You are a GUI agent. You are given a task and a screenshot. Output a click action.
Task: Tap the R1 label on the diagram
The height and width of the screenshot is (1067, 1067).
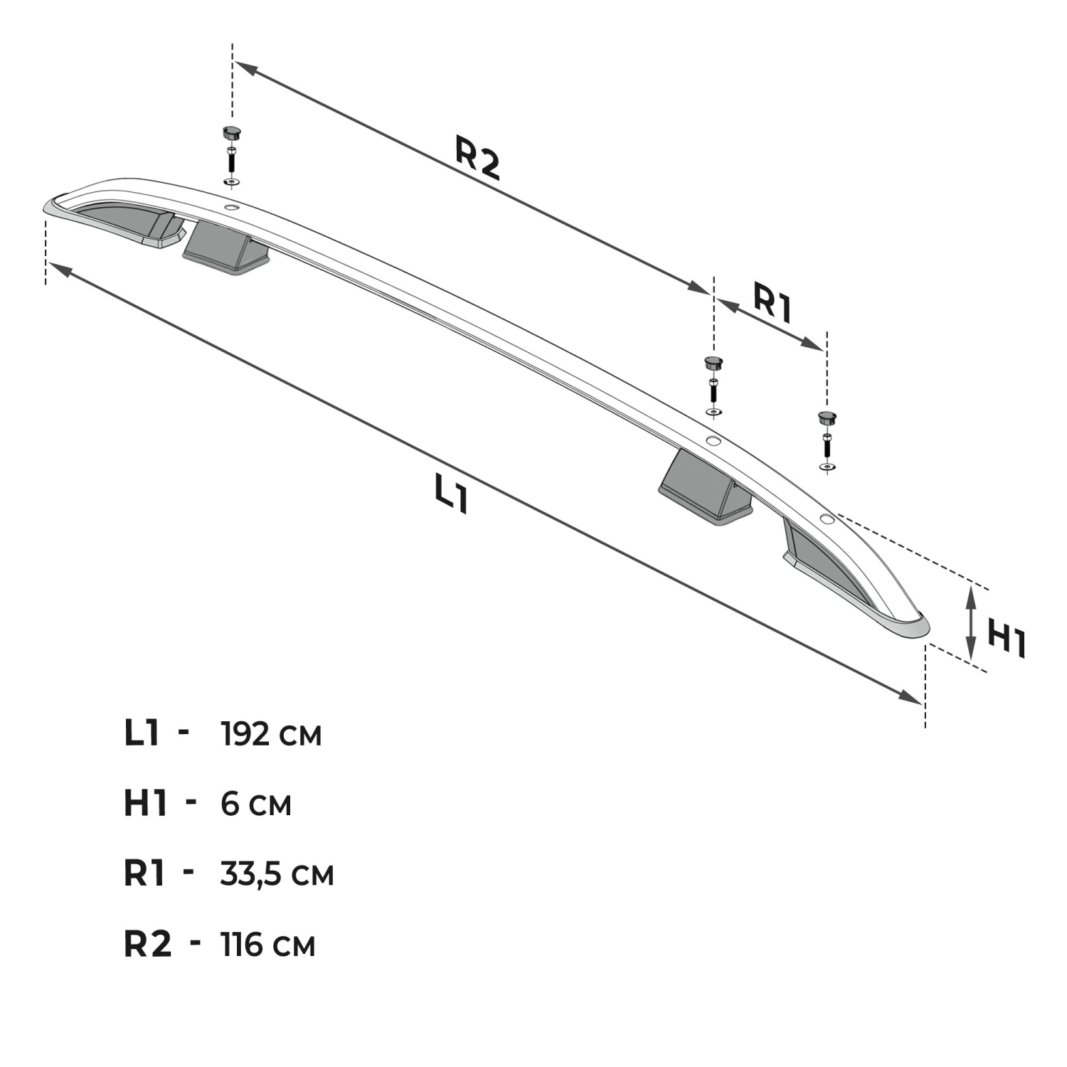[773, 304]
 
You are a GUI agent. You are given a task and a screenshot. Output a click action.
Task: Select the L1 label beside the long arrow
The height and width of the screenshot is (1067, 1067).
[452, 494]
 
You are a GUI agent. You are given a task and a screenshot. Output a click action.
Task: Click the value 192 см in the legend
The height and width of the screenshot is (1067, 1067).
[272, 734]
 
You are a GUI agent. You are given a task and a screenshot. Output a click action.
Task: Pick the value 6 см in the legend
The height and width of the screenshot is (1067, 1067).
[256, 804]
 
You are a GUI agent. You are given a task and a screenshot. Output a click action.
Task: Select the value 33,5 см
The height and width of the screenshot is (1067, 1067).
[277, 874]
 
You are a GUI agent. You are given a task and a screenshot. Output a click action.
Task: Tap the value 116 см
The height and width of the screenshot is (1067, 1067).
[268, 944]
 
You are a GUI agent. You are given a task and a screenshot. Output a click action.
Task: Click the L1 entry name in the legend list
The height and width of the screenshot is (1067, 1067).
[142, 733]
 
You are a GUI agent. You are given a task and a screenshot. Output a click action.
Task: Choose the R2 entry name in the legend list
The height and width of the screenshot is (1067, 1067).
[148, 944]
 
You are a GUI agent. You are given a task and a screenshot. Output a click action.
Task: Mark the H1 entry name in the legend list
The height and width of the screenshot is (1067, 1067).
[145, 804]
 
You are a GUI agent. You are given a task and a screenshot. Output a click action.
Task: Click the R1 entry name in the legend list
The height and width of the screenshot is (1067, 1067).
[145, 874]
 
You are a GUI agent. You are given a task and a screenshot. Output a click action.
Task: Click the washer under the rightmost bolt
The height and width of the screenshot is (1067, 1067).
[827, 467]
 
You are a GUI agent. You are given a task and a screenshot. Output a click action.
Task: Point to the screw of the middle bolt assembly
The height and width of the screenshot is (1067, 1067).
[712, 390]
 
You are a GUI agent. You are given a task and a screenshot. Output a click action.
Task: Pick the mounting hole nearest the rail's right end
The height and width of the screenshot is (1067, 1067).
[826, 519]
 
